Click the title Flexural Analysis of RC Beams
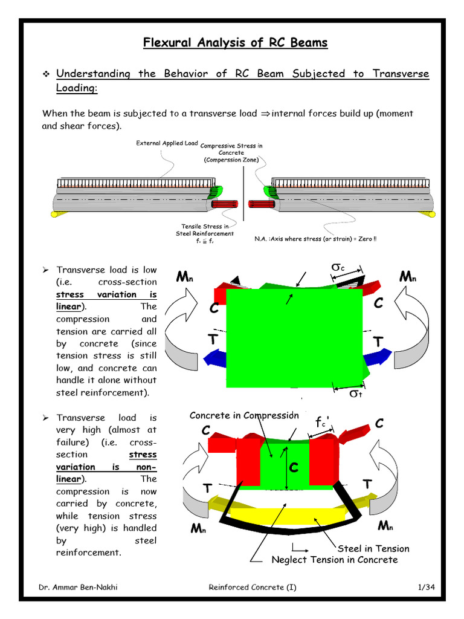point(235,42)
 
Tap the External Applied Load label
point(166,143)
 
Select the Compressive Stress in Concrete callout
point(231,153)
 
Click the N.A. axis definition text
point(316,239)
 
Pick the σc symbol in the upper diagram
point(338,267)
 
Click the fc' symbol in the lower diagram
point(323,422)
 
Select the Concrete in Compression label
point(244,415)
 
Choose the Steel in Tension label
point(373,548)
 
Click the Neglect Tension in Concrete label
point(335,560)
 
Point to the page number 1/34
point(426,587)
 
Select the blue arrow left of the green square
point(214,359)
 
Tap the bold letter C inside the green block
point(294,467)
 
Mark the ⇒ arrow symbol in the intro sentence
point(264,114)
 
